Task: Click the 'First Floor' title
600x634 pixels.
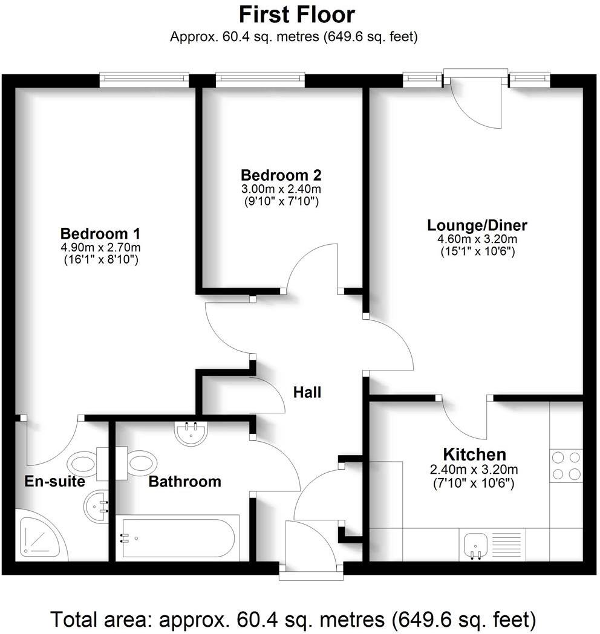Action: point(296,14)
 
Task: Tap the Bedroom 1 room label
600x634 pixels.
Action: point(101,233)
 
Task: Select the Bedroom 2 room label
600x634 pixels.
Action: point(281,175)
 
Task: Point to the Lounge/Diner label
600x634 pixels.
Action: point(477,225)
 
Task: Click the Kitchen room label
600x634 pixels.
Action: point(474,454)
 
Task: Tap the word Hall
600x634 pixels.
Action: point(307,392)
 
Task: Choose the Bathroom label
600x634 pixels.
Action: point(184,482)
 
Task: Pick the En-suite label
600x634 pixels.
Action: point(54,482)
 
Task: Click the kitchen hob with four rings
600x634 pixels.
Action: point(567,465)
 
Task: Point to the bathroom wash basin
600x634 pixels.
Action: point(192,432)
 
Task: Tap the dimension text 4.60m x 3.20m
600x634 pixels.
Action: point(477,239)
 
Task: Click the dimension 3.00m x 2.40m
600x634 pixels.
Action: point(281,189)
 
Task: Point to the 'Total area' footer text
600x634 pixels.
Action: point(293,619)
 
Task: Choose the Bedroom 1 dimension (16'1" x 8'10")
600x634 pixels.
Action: point(101,260)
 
